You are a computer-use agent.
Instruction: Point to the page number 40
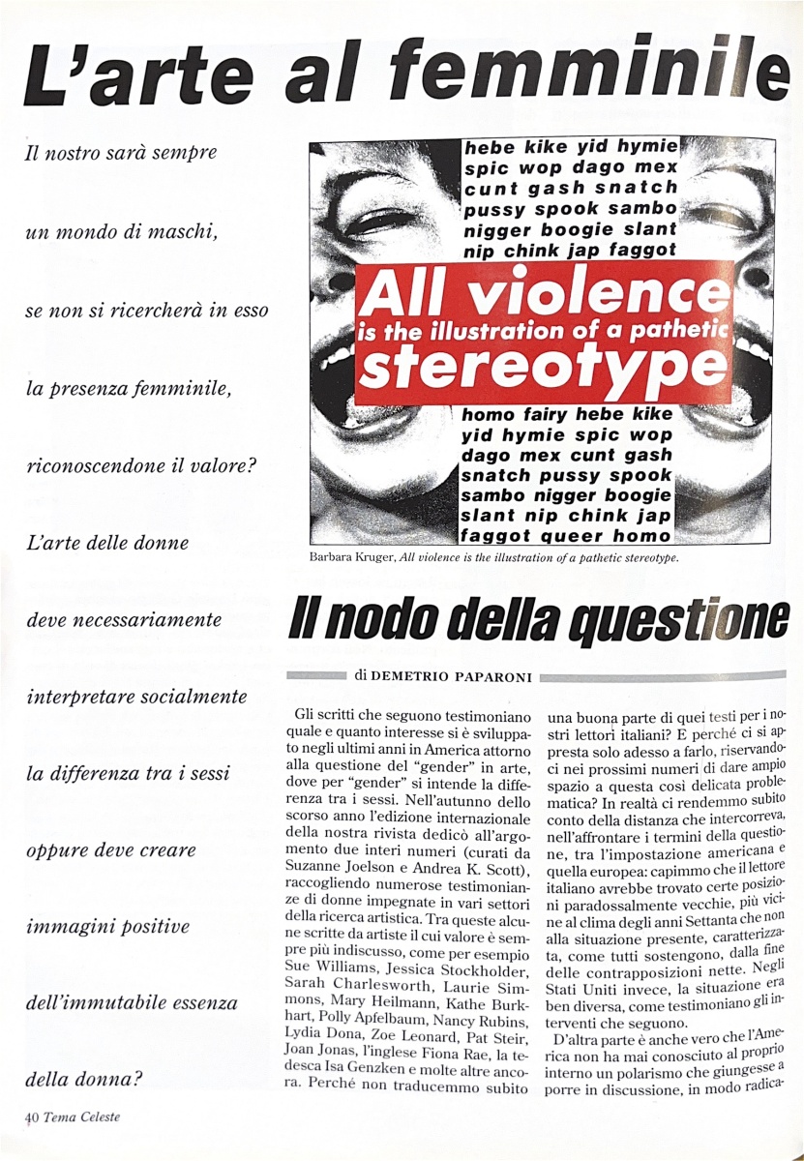pos(31,1116)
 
